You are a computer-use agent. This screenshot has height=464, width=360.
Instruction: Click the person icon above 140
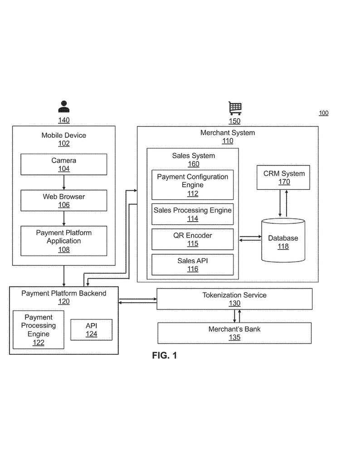(64, 107)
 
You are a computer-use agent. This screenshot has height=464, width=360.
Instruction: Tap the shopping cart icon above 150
(235, 109)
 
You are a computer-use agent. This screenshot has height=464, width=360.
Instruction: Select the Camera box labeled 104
(63, 164)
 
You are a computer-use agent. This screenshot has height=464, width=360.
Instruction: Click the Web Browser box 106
(63, 201)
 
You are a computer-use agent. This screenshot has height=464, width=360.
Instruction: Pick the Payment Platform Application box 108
(63, 241)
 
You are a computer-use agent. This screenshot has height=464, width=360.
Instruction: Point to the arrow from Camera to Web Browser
(64, 182)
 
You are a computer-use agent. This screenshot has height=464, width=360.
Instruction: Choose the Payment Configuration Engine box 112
(192, 185)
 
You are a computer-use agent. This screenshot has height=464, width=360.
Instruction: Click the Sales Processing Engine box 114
(192, 214)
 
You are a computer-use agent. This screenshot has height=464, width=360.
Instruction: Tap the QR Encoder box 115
(192, 239)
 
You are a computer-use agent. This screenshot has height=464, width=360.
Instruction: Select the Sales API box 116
(192, 265)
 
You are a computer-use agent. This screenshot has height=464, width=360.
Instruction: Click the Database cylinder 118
(283, 242)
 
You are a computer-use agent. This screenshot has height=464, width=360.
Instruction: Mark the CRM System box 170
(284, 177)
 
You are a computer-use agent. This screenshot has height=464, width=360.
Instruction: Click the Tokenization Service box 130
(234, 299)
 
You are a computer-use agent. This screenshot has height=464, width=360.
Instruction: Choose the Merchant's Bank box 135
(234, 333)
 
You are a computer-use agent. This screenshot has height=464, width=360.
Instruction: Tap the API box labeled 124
(92, 330)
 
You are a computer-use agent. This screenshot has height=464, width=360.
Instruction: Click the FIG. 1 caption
(165, 356)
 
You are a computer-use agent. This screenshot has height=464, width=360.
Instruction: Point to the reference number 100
(323, 113)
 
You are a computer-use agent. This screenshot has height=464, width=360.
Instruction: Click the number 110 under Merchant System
(228, 141)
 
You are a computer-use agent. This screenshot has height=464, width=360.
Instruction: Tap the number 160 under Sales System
(194, 164)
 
